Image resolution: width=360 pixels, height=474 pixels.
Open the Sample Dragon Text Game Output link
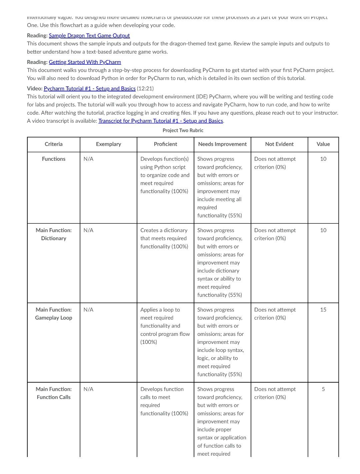(x=89, y=35)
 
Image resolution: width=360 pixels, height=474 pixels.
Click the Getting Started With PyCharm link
(x=85, y=62)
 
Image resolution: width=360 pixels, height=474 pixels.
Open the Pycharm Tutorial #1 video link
(x=89, y=88)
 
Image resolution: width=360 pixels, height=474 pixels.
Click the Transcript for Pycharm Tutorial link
(x=160, y=121)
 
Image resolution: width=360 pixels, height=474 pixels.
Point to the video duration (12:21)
(x=145, y=88)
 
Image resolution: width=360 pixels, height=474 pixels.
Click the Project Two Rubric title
(x=183, y=130)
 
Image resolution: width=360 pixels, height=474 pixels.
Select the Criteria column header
(x=53, y=144)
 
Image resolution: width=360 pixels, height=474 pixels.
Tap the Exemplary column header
(x=108, y=144)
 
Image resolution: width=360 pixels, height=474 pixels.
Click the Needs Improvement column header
(x=222, y=144)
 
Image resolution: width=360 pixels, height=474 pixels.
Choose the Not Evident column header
(x=279, y=144)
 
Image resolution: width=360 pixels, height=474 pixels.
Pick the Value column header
(x=323, y=144)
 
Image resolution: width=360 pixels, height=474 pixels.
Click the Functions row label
(x=53, y=159)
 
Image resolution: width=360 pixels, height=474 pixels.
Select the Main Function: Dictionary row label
(x=53, y=234)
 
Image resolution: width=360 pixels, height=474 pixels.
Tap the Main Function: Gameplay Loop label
(x=53, y=314)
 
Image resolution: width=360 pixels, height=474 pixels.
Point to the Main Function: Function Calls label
(x=53, y=393)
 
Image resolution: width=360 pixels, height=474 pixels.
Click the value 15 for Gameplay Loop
(x=323, y=310)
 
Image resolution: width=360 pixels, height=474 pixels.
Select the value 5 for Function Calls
(x=323, y=389)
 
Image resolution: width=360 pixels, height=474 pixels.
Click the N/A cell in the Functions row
(x=88, y=159)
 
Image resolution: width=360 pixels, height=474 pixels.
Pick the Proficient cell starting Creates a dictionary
(x=164, y=238)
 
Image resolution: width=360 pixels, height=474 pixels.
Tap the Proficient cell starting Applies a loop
(x=165, y=326)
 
